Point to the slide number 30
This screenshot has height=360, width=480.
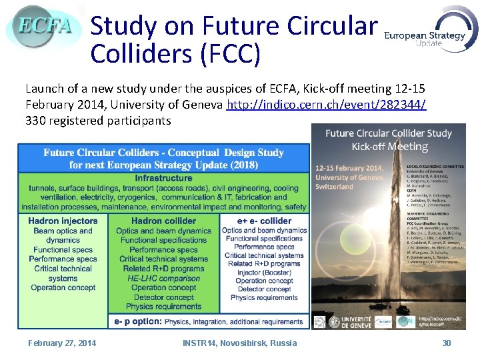[x=447, y=343]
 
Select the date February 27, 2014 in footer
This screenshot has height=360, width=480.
[x=62, y=343]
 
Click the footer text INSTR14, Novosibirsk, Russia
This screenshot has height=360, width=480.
[x=240, y=343]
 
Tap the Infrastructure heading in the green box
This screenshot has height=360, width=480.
[x=163, y=179]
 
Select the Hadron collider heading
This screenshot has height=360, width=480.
[x=163, y=221]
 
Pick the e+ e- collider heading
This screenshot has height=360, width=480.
[x=264, y=221]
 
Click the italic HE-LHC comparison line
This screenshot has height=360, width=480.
[x=163, y=278]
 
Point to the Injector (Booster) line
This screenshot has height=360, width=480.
[x=264, y=273]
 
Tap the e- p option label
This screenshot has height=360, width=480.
[x=137, y=321]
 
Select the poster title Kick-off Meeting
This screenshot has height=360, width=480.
[x=389, y=146]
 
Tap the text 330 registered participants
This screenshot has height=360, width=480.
[x=98, y=121]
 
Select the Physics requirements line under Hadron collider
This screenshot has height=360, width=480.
[x=163, y=307]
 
